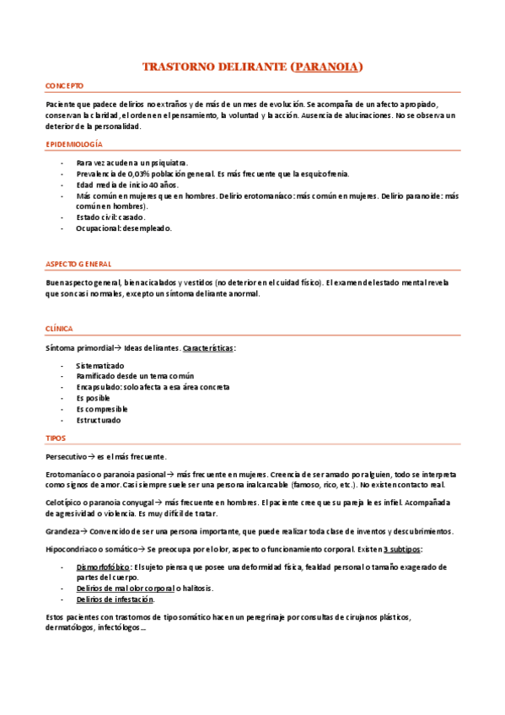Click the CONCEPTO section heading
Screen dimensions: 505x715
click(x=64, y=86)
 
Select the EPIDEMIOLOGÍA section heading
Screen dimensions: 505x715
click(x=74, y=145)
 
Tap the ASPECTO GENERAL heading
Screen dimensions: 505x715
click(x=78, y=263)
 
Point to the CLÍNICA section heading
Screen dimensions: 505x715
click(x=59, y=328)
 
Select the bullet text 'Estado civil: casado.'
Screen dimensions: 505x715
click(x=110, y=217)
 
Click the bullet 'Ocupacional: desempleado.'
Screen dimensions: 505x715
click(x=123, y=228)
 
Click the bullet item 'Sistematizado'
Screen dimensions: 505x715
click(x=99, y=365)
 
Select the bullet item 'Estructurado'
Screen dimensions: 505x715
click(x=98, y=420)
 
